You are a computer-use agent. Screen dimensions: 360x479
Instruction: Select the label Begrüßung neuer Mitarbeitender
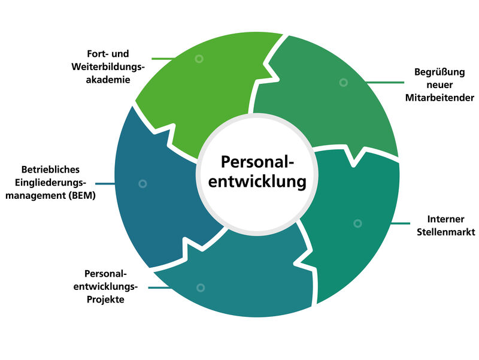tap(439, 84)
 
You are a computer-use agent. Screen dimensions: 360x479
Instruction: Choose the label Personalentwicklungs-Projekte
tap(107, 286)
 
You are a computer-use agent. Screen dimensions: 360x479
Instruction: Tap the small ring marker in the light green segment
tap(199, 59)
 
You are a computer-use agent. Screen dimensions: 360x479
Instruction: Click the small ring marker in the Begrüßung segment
tap(343, 83)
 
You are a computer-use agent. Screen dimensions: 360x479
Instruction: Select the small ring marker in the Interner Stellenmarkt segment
tap(357, 223)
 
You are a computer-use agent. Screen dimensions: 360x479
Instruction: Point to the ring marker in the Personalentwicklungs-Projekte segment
tap(201, 288)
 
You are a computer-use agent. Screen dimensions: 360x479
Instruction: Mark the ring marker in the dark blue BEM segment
tap(143, 184)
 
